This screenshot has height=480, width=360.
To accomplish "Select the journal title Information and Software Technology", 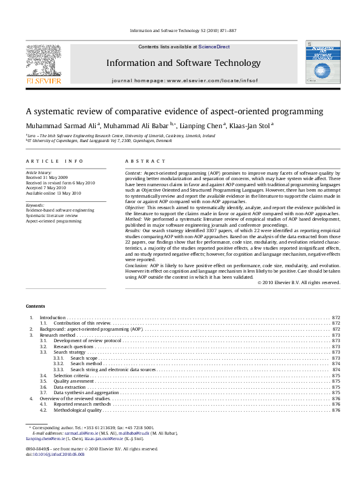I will [183, 63].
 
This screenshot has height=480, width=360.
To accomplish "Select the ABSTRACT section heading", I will [145, 161].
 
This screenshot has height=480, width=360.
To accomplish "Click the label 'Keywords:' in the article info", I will [35, 205].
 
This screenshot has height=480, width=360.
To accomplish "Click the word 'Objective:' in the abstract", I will [136, 207].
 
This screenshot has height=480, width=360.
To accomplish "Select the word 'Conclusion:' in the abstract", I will [137, 265].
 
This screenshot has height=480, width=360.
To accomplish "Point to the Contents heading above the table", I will [35, 306].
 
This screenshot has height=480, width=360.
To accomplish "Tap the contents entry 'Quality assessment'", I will [73, 381].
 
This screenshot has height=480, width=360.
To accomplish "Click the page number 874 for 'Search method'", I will [336, 364].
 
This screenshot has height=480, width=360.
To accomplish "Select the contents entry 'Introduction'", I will [52, 317].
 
